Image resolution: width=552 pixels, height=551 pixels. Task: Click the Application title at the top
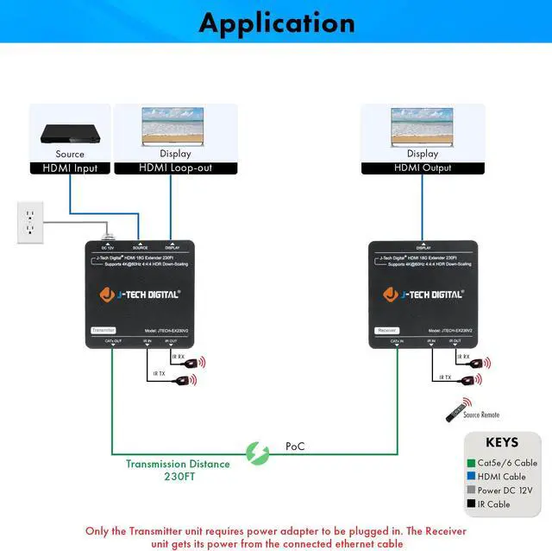[276, 22]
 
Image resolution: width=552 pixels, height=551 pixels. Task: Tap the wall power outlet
[29, 222]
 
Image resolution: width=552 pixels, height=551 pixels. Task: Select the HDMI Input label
[70, 168]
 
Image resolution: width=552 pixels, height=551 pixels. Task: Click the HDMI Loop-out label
[176, 168]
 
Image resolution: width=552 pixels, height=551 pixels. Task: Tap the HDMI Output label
[423, 168]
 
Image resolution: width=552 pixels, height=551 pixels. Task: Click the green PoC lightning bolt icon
[257, 452]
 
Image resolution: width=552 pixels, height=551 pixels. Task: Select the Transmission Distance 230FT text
[178, 469]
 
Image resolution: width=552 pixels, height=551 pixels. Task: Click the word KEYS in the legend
[503, 442]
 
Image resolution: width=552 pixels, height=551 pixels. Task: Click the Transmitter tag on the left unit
[103, 330]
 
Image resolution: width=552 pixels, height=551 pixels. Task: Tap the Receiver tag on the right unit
[386, 330]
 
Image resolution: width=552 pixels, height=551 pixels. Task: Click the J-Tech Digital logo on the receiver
[423, 294]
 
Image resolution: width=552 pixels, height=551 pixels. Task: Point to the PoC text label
[295, 446]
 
